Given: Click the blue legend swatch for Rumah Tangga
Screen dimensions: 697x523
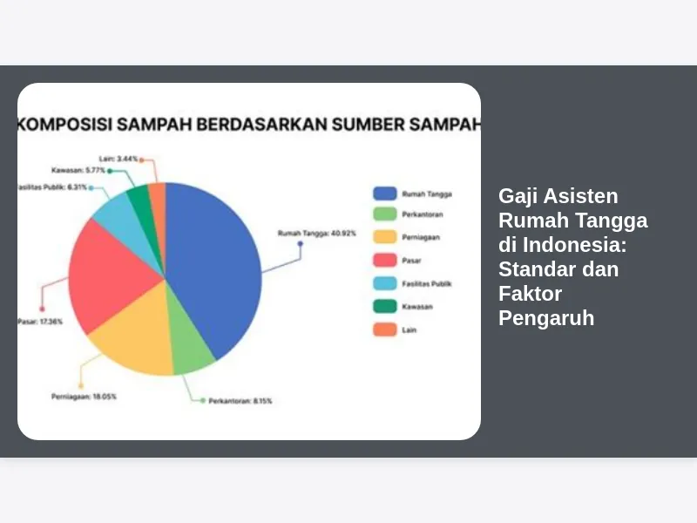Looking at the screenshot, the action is (x=385, y=194).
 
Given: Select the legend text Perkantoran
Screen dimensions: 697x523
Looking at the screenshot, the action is (x=423, y=214).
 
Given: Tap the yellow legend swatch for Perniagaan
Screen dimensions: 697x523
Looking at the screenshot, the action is (x=385, y=236).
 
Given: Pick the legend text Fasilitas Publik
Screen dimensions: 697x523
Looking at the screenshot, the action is (x=427, y=284).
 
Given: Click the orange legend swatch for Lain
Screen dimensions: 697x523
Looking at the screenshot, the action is (x=385, y=329).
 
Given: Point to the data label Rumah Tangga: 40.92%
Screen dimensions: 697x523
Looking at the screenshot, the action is (x=317, y=233).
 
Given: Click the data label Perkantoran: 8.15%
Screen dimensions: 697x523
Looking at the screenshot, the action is (x=240, y=401).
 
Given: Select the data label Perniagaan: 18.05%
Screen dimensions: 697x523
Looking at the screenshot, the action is (x=84, y=397).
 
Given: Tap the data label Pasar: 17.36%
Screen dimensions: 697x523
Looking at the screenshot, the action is (x=40, y=322).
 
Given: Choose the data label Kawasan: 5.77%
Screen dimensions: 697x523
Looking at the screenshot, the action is (x=78, y=170).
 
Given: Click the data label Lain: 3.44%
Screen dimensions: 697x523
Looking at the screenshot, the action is (x=118, y=159).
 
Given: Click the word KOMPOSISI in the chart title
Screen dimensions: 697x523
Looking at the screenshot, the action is (x=64, y=125).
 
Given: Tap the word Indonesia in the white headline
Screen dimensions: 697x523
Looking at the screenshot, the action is (x=574, y=245).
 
